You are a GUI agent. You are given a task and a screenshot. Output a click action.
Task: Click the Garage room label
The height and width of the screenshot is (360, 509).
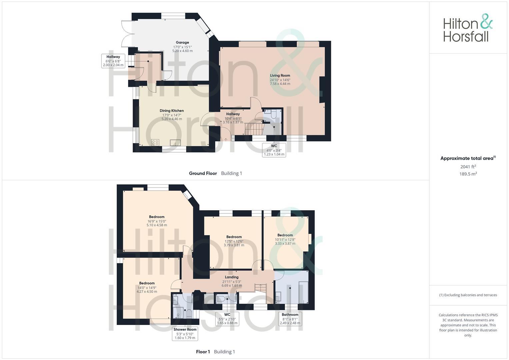[182, 43]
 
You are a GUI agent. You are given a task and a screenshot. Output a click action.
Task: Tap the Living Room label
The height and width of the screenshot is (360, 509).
[280, 76]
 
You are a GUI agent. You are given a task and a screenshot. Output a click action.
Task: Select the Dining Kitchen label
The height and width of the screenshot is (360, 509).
[172, 111]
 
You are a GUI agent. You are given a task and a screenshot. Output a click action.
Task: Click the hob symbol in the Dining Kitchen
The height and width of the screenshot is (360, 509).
[155, 143]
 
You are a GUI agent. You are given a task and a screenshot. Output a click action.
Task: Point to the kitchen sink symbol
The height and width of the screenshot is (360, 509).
[175, 143]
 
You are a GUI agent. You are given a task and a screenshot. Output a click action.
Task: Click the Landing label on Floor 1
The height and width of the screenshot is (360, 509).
[232, 277]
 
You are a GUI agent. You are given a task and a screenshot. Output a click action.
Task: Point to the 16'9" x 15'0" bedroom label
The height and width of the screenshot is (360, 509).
[157, 217]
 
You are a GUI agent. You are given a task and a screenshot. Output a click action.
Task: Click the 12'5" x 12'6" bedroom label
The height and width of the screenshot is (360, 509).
[234, 237]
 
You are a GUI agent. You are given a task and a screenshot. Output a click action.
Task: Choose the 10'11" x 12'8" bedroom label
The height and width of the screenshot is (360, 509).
[285, 235]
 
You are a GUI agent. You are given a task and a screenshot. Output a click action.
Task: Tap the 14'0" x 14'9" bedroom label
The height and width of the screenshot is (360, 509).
[147, 283]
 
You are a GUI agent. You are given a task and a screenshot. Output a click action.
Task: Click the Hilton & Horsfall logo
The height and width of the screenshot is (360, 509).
[468, 28]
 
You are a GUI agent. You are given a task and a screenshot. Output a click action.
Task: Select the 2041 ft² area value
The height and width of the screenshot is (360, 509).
[468, 167]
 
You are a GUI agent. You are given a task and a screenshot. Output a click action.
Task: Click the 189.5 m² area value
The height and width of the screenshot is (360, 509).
[468, 174]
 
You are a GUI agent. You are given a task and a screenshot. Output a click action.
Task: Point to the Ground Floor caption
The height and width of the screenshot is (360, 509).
[203, 173]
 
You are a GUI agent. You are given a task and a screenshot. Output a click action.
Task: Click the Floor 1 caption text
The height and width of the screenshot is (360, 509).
[203, 352]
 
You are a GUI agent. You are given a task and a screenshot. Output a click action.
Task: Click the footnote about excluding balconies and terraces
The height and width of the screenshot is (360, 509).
[468, 295]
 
